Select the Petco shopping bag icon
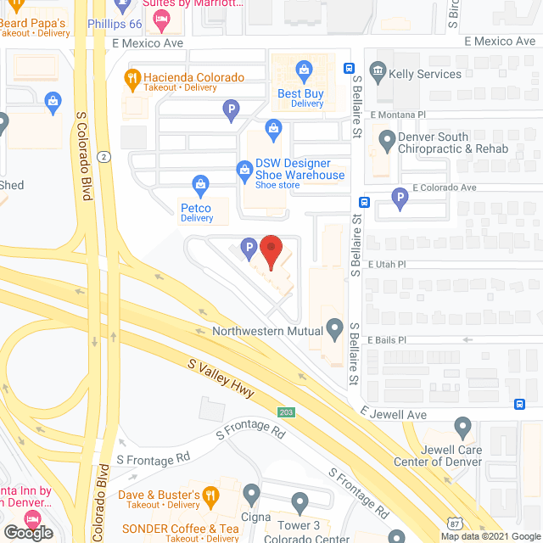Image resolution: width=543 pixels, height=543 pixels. [x=201, y=183]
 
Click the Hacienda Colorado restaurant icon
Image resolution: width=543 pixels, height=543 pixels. [x=132, y=78]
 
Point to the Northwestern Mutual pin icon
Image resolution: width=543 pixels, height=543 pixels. [x=335, y=327]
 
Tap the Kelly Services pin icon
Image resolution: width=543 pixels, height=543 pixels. [x=378, y=74]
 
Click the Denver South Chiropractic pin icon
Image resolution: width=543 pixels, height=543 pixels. [x=388, y=137]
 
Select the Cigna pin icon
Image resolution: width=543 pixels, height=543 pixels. [x=251, y=492]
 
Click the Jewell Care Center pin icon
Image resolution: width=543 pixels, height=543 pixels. [x=462, y=426]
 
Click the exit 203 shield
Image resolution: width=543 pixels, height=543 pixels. [x=286, y=411]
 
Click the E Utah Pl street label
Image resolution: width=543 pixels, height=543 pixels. [x=388, y=264]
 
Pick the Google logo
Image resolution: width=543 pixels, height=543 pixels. [x=28, y=532]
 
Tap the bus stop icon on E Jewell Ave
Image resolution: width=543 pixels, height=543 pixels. [x=518, y=403]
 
